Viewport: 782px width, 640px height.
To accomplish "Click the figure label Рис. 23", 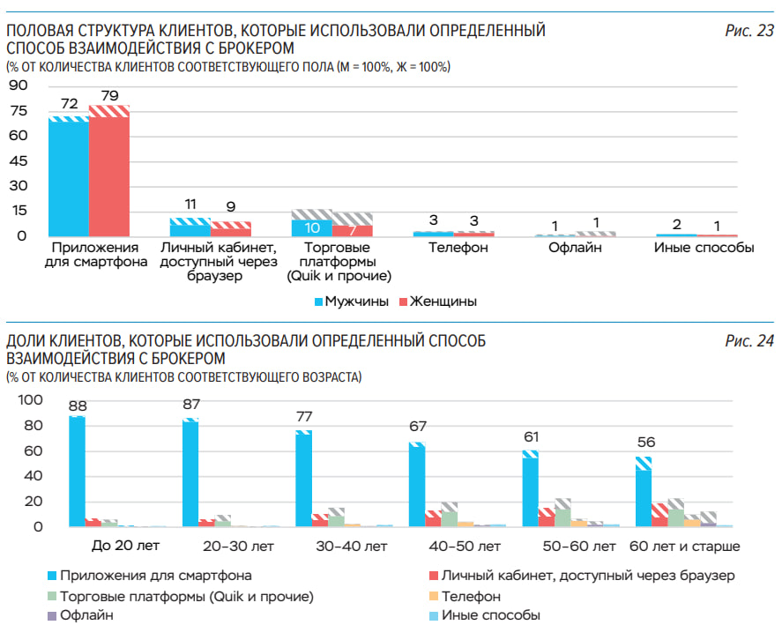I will tap(749, 31).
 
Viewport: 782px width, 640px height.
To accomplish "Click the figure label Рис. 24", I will tap(749, 341).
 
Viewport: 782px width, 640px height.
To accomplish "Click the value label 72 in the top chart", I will tap(70, 104).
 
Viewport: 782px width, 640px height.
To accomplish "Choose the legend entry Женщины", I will tap(437, 301).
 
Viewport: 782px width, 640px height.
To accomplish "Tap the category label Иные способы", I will tap(704, 248).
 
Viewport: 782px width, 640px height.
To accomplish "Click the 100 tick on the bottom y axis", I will tap(30, 399).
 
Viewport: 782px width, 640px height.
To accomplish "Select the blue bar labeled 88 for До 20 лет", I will tap(77, 473).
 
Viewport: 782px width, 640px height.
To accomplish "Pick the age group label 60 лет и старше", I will tap(685, 546).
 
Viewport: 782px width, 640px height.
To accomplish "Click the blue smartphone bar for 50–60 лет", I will tap(530, 492).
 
